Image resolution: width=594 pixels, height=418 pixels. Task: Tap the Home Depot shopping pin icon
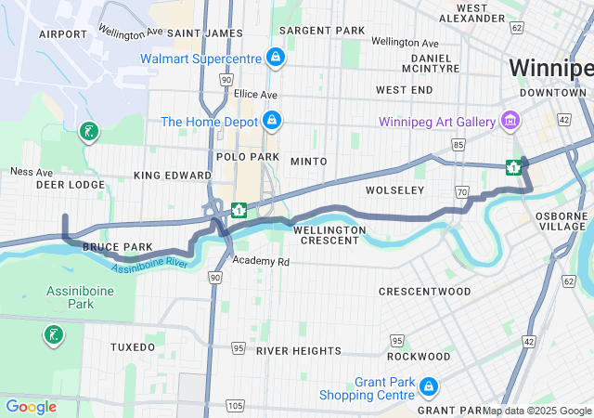point(272,122)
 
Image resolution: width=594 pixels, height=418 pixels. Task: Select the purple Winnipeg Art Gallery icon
point(509,121)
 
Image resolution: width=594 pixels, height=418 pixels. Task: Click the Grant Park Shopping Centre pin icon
point(428,385)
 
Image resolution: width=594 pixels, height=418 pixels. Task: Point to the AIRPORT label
point(63,33)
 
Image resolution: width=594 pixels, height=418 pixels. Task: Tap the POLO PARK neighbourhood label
point(242,157)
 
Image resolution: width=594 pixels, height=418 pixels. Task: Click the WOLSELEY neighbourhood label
point(394,189)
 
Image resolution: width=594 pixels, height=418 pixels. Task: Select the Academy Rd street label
point(261,262)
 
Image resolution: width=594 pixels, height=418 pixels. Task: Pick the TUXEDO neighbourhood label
point(133,346)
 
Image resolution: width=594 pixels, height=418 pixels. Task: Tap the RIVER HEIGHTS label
point(299,350)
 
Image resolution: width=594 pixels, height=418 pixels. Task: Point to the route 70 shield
point(461,191)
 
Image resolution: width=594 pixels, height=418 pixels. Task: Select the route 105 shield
point(235,405)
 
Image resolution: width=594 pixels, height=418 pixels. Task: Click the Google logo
point(31,406)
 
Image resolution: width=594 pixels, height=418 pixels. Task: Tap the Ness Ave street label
point(31,171)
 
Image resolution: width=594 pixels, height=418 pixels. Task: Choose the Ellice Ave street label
point(255,94)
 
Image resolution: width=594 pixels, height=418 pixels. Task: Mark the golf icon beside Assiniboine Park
point(53,334)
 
